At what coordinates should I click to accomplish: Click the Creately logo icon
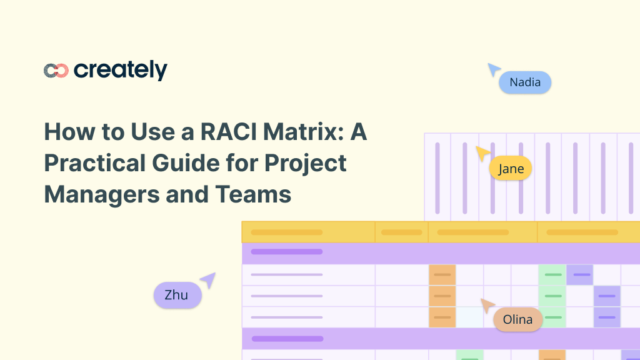(x=56, y=71)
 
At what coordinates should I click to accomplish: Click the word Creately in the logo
(x=120, y=71)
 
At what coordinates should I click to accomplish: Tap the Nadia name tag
(x=524, y=82)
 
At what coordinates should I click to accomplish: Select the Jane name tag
(x=511, y=169)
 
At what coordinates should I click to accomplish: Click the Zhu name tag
(x=177, y=295)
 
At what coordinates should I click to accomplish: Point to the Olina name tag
(x=517, y=320)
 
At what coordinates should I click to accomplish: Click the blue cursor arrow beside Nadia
(x=494, y=69)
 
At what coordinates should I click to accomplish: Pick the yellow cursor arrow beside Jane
(x=482, y=152)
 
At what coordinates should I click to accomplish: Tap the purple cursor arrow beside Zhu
(x=208, y=279)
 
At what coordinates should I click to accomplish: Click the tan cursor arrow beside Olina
(x=487, y=305)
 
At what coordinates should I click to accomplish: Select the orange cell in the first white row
(x=442, y=275)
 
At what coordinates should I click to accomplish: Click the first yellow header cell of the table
(x=308, y=232)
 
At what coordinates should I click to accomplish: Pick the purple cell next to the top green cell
(x=579, y=275)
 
